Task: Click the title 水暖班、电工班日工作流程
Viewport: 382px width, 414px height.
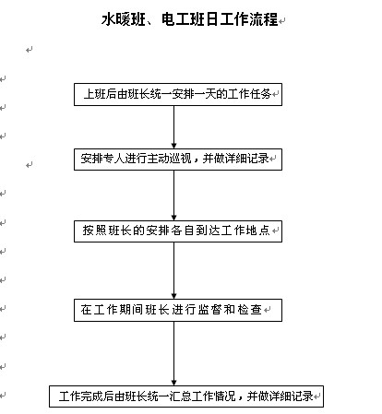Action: click(190, 19)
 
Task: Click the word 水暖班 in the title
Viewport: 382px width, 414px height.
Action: click(123, 19)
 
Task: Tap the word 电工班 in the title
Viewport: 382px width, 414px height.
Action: click(184, 19)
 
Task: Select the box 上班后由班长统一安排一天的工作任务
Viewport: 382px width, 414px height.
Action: click(178, 94)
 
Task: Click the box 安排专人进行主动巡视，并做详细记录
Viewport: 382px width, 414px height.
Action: click(178, 160)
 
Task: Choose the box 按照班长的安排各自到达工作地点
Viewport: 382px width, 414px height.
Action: click(178, 231)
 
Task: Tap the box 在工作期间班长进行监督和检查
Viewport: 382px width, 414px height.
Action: click(178, 310)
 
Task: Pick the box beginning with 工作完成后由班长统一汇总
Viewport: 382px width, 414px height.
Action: click(186, 396)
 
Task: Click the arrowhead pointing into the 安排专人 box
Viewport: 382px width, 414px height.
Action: click(173, 146)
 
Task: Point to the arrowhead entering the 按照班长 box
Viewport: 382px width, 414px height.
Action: click(173, 218)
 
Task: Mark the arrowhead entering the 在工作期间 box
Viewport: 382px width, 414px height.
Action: click(173, 296)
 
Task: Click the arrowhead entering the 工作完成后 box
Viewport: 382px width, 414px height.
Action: click(173, 383)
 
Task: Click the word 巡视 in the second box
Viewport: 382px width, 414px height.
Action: click(181, 159)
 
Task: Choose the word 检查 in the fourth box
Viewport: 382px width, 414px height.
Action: click(250, 309)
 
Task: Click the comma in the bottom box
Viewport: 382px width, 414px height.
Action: click(241, 397)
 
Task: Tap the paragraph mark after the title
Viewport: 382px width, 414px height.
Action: click(282, 21)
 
